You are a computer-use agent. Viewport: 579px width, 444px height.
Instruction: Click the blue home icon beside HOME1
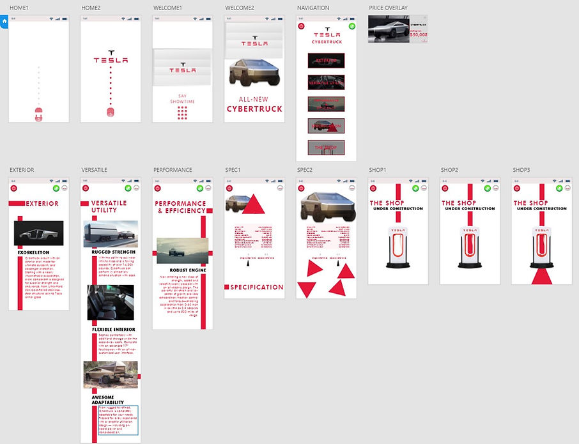tap(4, 21)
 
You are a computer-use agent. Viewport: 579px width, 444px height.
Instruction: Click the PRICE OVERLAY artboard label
tap(388, 8)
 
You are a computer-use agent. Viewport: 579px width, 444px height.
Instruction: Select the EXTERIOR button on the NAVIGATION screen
tap(326, 60)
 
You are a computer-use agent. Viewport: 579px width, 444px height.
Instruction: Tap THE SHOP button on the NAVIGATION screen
tap(326, 148)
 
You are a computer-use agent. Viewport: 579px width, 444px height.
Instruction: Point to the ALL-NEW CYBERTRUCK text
tap(254, 105)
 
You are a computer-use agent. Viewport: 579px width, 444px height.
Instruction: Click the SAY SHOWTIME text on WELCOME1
tap(182, 98)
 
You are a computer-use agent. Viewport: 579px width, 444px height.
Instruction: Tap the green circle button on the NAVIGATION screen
tap(343, 27)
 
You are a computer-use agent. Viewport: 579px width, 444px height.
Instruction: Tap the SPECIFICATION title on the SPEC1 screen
tap(257, 287)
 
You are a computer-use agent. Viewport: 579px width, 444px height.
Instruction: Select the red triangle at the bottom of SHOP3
tap(542, 276)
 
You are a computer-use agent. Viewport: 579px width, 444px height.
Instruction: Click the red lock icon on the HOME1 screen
tap(38, 113)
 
